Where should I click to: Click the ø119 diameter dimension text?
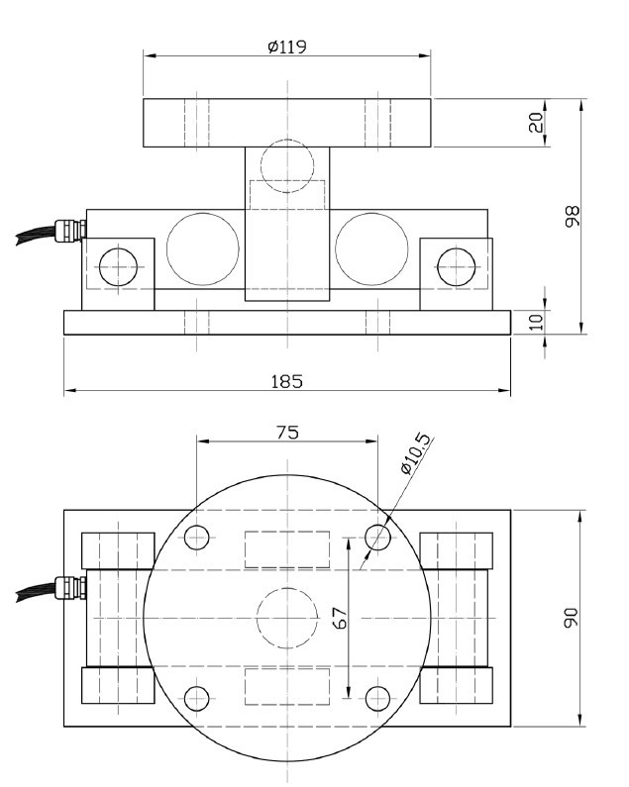pos(286,47)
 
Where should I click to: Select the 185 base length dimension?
pos(286,381)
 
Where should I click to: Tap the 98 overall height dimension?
pos(572,217)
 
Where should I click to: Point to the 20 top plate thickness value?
pos(536,124)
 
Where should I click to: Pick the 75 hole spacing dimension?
pos(286,432)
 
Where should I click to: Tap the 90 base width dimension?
pos(572,619)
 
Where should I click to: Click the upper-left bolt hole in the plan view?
pos(196,538)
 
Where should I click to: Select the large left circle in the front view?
pos(203,248)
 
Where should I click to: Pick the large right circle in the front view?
pos(370,248)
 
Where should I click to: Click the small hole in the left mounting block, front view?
pos(118,265)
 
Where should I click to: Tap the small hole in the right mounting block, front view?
pos(455,265)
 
